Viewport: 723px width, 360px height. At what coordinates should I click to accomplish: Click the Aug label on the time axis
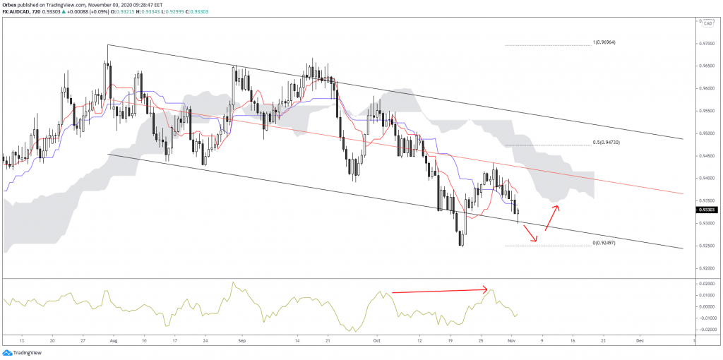click(114, 340)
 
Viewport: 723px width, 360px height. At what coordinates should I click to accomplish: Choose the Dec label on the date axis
click(639, 340)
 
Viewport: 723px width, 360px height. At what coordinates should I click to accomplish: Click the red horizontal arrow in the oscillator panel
click(438, 290)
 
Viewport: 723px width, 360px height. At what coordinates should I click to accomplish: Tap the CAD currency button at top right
click(706, 23)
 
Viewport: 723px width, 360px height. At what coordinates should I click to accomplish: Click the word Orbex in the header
click(10, 4)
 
